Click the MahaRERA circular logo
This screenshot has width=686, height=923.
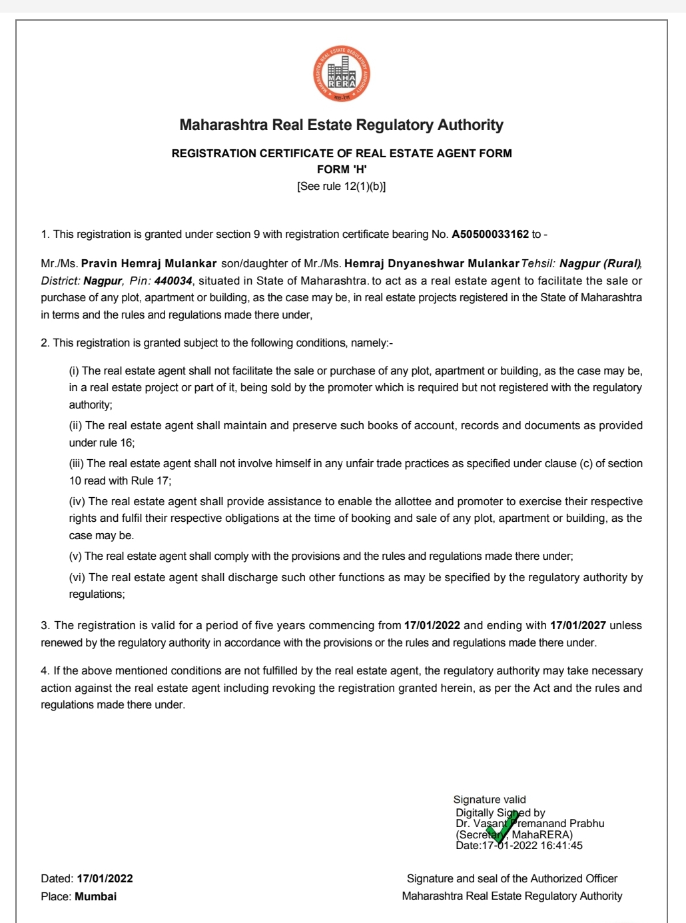[x=342, y=74]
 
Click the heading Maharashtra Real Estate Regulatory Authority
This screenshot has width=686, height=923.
[x=342, y=125]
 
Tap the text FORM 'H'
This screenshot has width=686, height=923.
[x=342, y=169]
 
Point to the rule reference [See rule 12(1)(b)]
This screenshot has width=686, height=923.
[x=342, y=187]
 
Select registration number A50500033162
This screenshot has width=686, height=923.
[x=490, y=234]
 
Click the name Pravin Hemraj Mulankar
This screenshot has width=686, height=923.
[x=149, y=263]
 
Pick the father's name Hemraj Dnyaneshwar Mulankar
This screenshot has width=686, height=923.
[x=432, y=263]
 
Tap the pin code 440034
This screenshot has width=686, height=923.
[x=173, y=281]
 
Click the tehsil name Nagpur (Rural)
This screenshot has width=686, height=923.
[x=599, y=263]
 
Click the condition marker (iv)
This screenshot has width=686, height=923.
[x=77, y=501]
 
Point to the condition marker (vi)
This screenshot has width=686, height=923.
[x=77, y=577]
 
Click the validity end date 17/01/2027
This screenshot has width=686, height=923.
[x=578, y=625]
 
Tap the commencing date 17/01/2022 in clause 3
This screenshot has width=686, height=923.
[x=432, y=625]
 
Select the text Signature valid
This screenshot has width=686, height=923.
[x=490, y=799]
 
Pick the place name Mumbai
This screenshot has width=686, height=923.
[x=95, y=896]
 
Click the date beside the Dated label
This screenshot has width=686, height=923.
[x=105, y=878]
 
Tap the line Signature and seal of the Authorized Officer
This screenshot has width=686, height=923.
[x=512, y=878]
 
